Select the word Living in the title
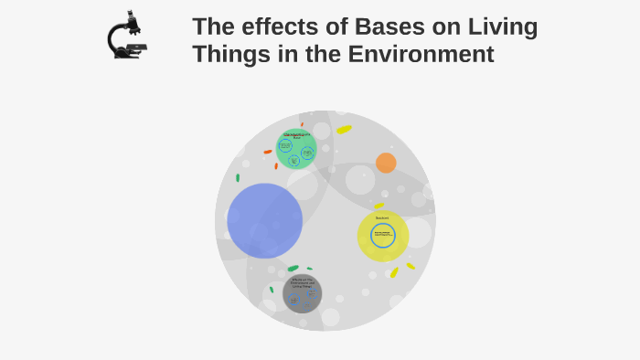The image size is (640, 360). [501, 27]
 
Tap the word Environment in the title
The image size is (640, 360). [421, 55]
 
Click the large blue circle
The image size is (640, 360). [264, 220]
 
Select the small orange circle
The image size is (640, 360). [386, 163]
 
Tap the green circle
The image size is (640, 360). [295, 149]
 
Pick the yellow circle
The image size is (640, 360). [383, 236]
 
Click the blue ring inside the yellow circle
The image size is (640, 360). [383, 236]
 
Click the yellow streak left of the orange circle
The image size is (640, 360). [344, 130]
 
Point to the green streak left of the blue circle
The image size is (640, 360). [238, 178]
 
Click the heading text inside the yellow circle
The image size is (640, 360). [382, 217]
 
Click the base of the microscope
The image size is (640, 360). [129, 55]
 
